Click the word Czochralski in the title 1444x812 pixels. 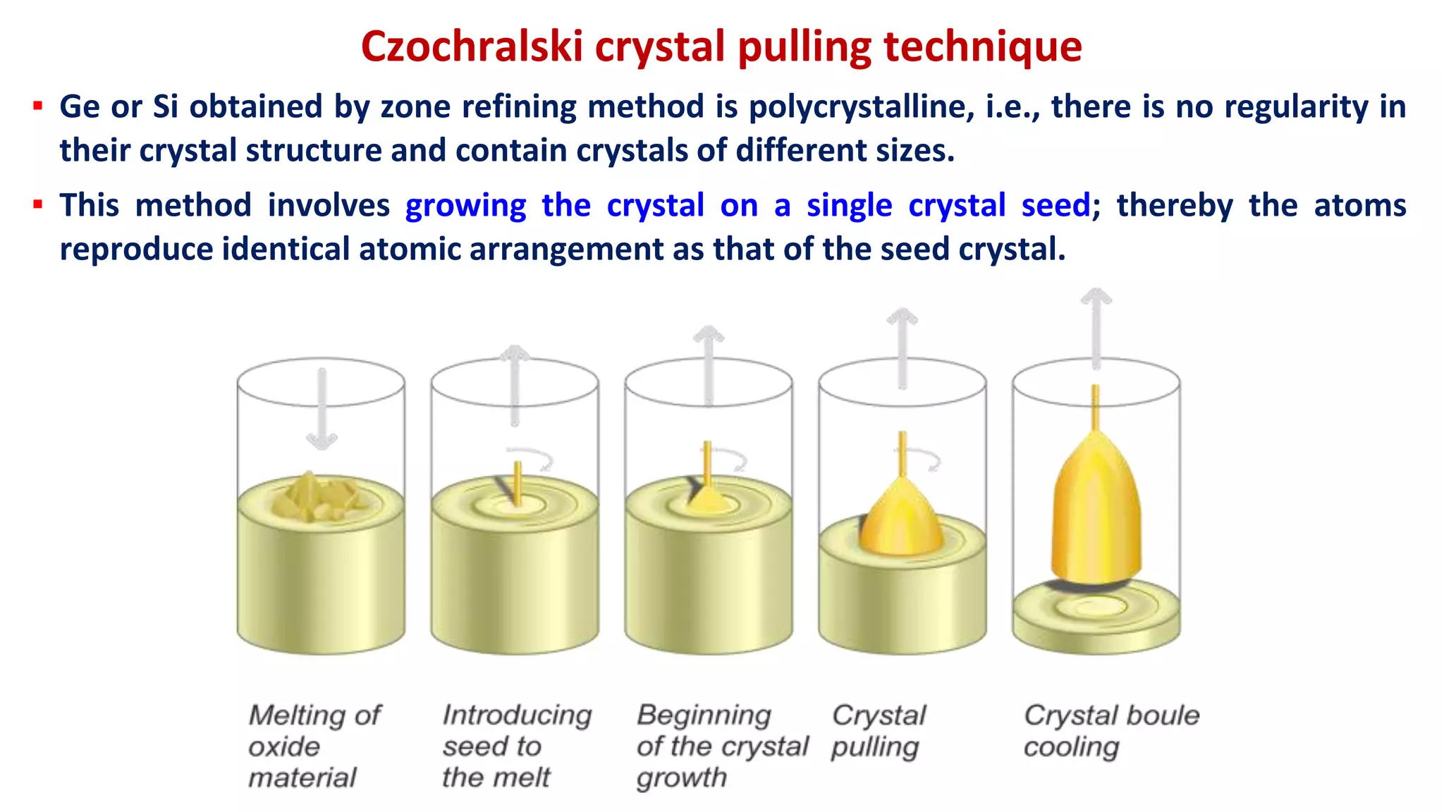click(x=472, y=47)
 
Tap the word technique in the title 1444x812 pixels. click(x=983, y=47)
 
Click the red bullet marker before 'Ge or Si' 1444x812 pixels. click(x=37, y=107)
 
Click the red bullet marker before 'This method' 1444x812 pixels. click(x=37, y=205)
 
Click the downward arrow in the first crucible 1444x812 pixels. click(x=322, y=409)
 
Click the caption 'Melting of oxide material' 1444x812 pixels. click(x=314, y=746)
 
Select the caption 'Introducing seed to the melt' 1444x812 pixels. click(x=516, y=746)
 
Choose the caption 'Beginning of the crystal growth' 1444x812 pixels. click(x=721, y=746)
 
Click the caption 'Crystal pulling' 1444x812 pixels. click(x=878, y=731)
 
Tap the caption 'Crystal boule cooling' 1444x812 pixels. click(x=1110, y=731)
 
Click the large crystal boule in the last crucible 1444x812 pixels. click(x=1096, y=515)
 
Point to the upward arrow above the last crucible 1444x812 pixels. click(x=1096, y=328)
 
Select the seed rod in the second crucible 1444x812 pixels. click(x=518, y=483)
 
